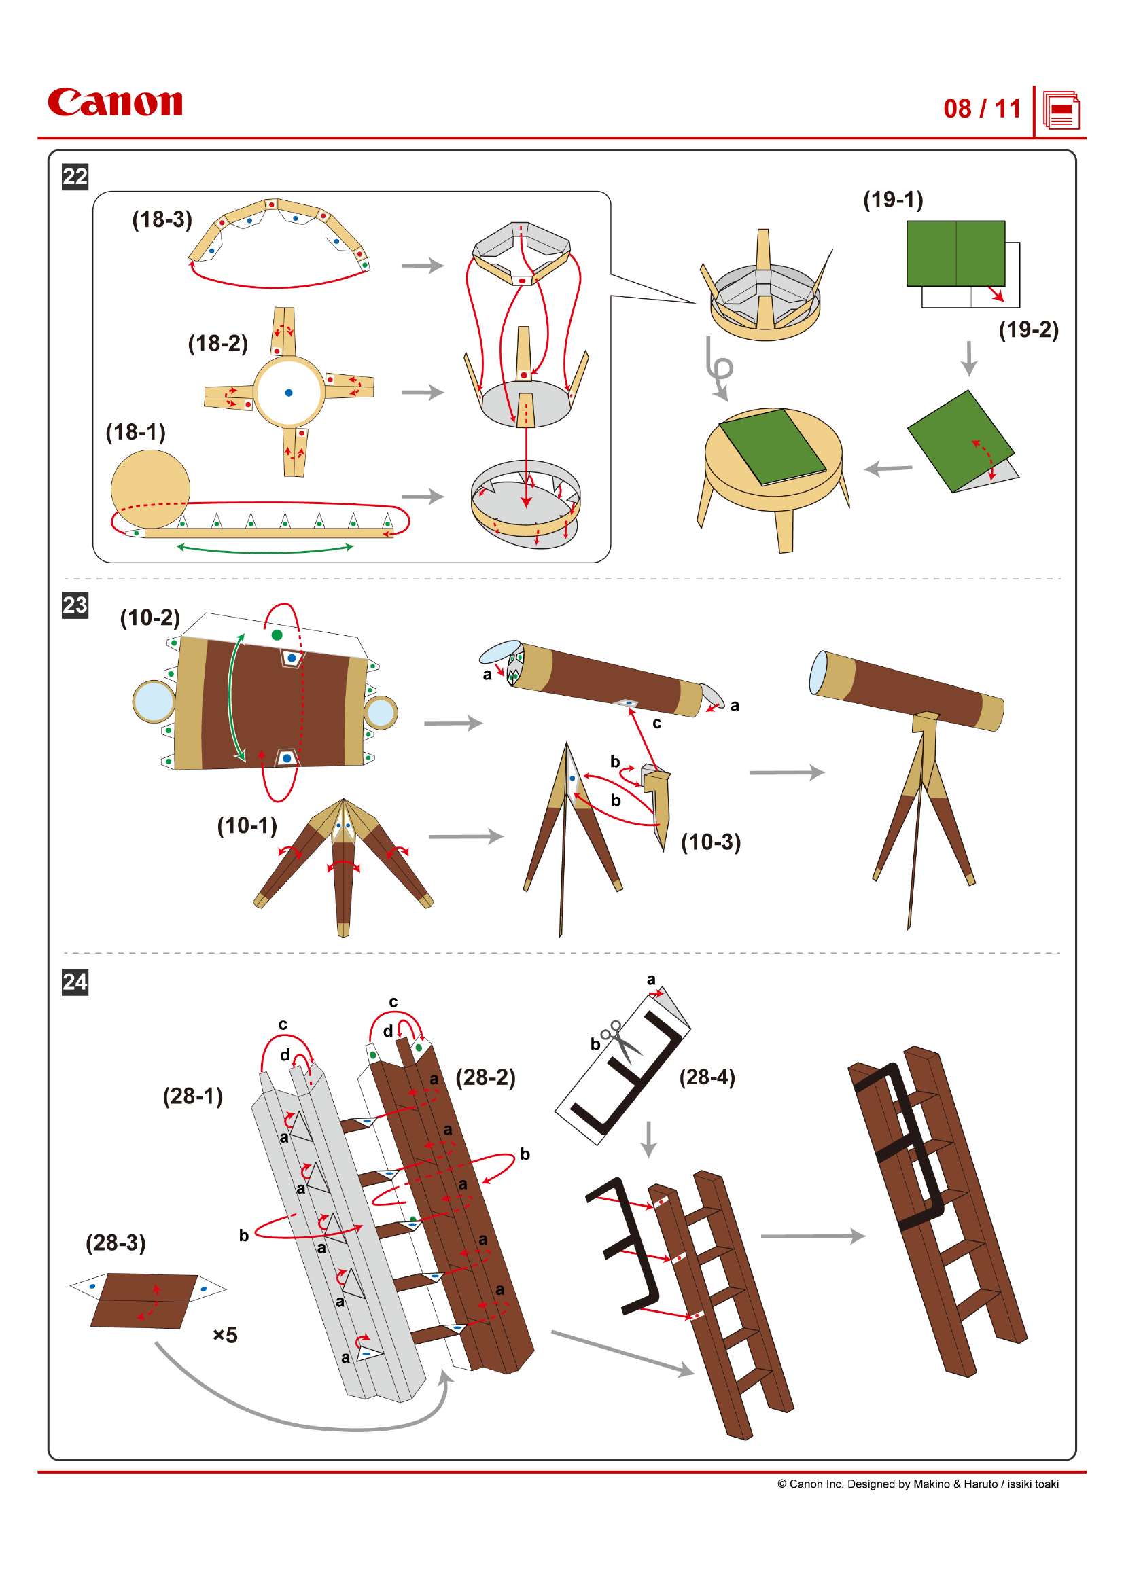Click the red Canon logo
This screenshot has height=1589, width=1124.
point(115,103)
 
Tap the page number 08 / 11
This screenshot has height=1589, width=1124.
point(981,109)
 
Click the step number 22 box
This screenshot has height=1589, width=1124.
point(75,177)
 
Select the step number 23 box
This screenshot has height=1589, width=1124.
point(75,605)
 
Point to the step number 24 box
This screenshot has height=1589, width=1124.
point(75,982)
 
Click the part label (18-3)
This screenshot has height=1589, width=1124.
point(162,219)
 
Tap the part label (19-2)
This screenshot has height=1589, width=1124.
point(1028,329)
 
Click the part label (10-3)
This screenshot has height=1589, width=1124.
point(710,842)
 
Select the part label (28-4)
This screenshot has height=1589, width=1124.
point(707,1077)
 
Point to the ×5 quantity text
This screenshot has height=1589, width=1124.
point(225,1335)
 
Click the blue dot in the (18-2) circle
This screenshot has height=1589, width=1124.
point(289,393)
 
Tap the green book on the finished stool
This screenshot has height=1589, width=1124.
point(773,446)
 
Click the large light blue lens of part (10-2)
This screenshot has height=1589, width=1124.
point(154,701)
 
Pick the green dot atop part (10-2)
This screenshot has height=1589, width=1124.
point(277,635)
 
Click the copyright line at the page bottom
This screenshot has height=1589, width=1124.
point(917,1484)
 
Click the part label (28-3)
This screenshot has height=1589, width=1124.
point(116,1243)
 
